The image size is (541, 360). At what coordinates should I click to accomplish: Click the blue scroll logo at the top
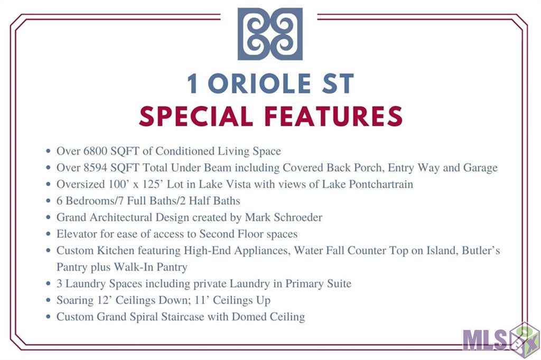tap(270, 34)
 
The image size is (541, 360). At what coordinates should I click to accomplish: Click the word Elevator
tap(77, 234)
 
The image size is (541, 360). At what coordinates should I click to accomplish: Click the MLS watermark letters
tap(484, 340)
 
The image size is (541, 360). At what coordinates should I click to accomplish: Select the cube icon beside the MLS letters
tap(524, 339)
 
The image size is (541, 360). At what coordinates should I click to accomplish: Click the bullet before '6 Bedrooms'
tap(48, 201)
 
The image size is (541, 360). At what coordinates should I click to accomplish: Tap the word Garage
tap(480, 167)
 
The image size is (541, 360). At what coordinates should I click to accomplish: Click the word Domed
tap(247, 317)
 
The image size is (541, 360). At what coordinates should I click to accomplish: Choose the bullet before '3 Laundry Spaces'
tap(48, 283)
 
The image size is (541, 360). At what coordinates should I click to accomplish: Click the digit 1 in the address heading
tap(193, 83)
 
